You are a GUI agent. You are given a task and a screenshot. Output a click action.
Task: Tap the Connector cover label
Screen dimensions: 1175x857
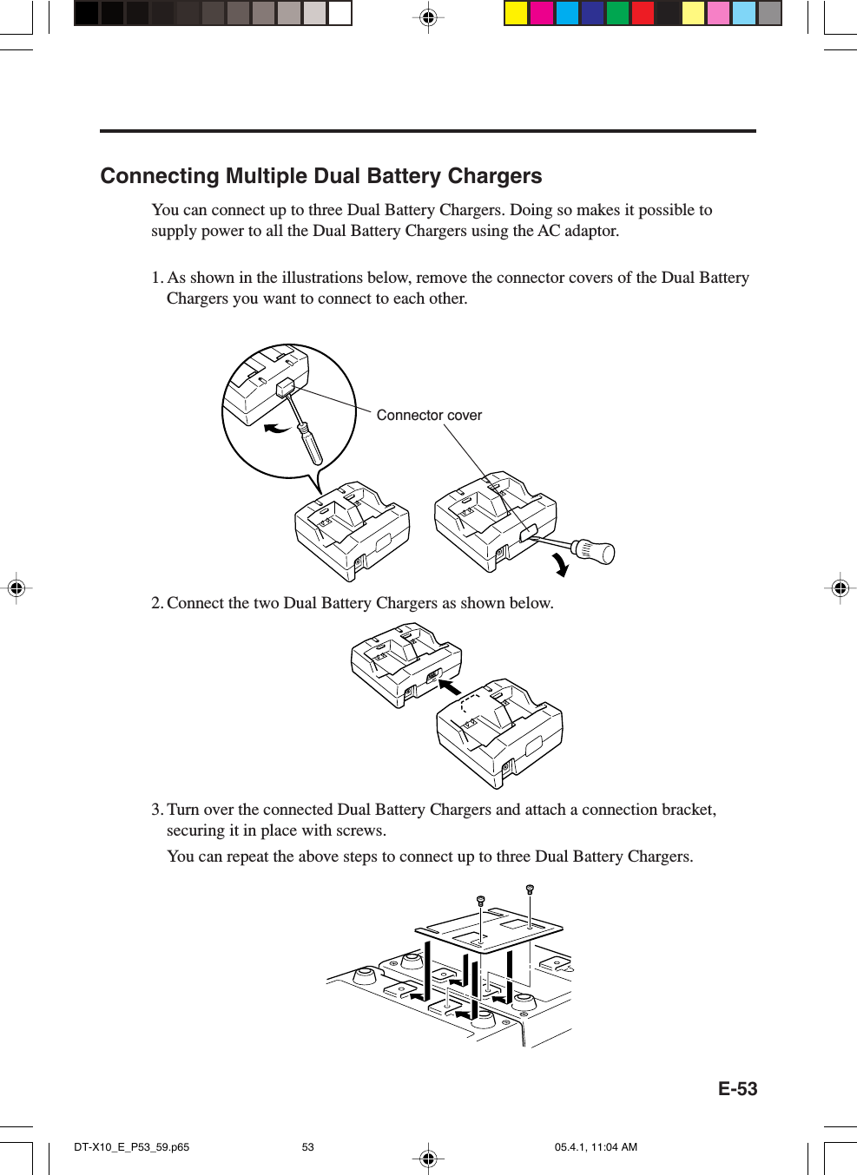click(429, 416)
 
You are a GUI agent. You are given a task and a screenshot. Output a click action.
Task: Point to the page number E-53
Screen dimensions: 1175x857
click(737, 1089)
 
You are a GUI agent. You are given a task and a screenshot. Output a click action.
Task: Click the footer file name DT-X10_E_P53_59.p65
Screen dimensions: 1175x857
click(131, 1146)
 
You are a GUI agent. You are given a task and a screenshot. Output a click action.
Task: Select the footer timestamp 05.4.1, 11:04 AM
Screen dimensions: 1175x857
click(596, 1146)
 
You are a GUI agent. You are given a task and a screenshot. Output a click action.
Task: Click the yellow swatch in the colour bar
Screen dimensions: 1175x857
click(516, 13)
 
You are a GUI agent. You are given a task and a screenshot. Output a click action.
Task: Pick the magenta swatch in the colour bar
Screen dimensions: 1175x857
click(542, 13)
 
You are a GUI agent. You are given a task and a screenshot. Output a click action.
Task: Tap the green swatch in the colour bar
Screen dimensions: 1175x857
click(617, 13)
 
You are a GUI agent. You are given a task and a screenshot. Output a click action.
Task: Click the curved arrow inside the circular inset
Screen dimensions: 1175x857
click(277, 428)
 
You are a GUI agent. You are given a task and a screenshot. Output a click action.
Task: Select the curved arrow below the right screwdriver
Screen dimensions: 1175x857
click(561, 565)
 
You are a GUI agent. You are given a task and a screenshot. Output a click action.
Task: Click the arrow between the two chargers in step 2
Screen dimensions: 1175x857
click(450, 686)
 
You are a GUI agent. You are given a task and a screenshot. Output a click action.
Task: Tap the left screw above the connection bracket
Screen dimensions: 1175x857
click(480, 902)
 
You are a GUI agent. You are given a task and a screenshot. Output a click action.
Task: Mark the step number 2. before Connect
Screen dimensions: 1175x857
click(157, 603)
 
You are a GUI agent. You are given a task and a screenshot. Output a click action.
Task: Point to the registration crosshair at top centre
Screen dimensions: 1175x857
click(428, 16)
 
